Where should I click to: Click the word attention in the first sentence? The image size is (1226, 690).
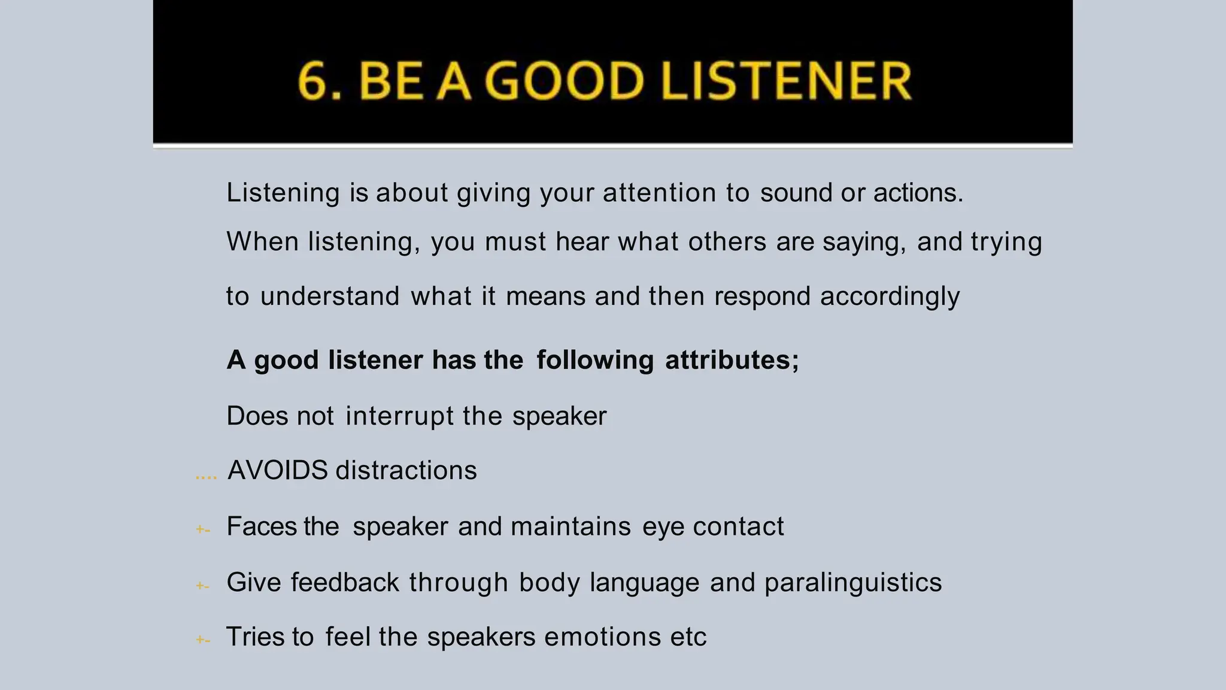pyautogui.click(x=659, y=193)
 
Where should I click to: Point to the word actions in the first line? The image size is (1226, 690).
pyautogui.click(x=918, y=193)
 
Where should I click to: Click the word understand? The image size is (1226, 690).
pyautogui.click(x=330, y=296)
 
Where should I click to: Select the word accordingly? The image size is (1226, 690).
pyautogui.click(x=890, y=296)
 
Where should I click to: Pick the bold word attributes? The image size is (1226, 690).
pyautogui.click(x=732, y=360)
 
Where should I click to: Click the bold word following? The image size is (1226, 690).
pyautogui.click(x=595, y=360)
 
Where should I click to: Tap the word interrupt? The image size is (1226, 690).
pyautogui.click(x=399, y=416)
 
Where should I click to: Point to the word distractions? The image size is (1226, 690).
pyautogui.click(x=406, y=470)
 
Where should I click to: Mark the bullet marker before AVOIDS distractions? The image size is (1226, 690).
pyautogui.click(x=206, y=477)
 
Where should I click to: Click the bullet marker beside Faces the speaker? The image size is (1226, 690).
pyautogui.click(x=203, y=530)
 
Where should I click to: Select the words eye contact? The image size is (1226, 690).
pyautogui.click(x=713, y=526)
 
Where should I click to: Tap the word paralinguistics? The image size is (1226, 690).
pyautogui.click(x=853, y=582)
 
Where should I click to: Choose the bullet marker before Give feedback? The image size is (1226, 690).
pyautogui.click(x=203, y=586)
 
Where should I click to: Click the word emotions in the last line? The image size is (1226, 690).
pyautogui.click(x=602, y=637)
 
